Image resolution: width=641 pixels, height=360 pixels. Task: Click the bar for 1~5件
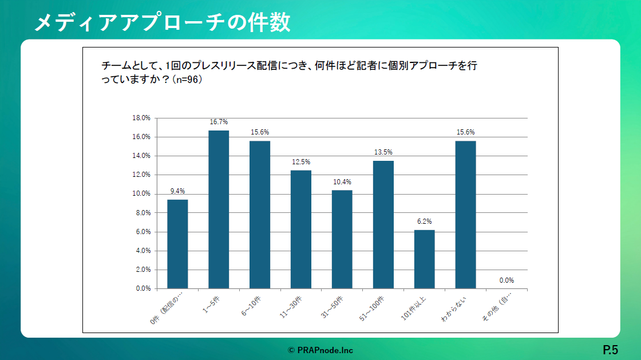219,209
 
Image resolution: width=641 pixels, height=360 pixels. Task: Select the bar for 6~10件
260,215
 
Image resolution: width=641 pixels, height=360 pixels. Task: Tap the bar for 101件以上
424,259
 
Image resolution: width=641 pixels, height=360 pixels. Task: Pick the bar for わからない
465,215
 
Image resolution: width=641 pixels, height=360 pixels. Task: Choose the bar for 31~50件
342,239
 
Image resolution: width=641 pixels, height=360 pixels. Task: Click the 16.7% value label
219,122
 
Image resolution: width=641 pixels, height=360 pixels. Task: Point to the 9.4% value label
177,191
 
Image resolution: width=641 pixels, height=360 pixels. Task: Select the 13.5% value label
383,152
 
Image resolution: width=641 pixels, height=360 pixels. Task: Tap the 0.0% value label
507,280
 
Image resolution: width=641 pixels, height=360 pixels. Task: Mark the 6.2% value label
424,221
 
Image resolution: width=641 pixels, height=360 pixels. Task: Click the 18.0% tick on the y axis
141,118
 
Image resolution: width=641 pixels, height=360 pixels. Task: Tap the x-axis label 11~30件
292,308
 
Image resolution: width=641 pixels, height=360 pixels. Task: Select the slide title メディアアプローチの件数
163,22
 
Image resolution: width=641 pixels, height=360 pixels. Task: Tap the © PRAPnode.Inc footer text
320,349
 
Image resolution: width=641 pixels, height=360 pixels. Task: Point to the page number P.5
610,349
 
